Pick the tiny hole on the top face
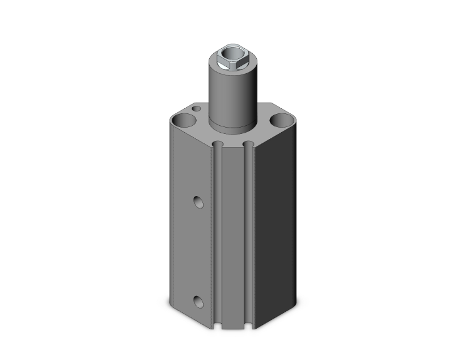pos(197,110)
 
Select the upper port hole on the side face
pos(198,202)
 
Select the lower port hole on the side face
pos(198,301)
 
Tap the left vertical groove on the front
pos(217,238)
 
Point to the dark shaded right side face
pos(276,238)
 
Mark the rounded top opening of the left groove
pos(217,145)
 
